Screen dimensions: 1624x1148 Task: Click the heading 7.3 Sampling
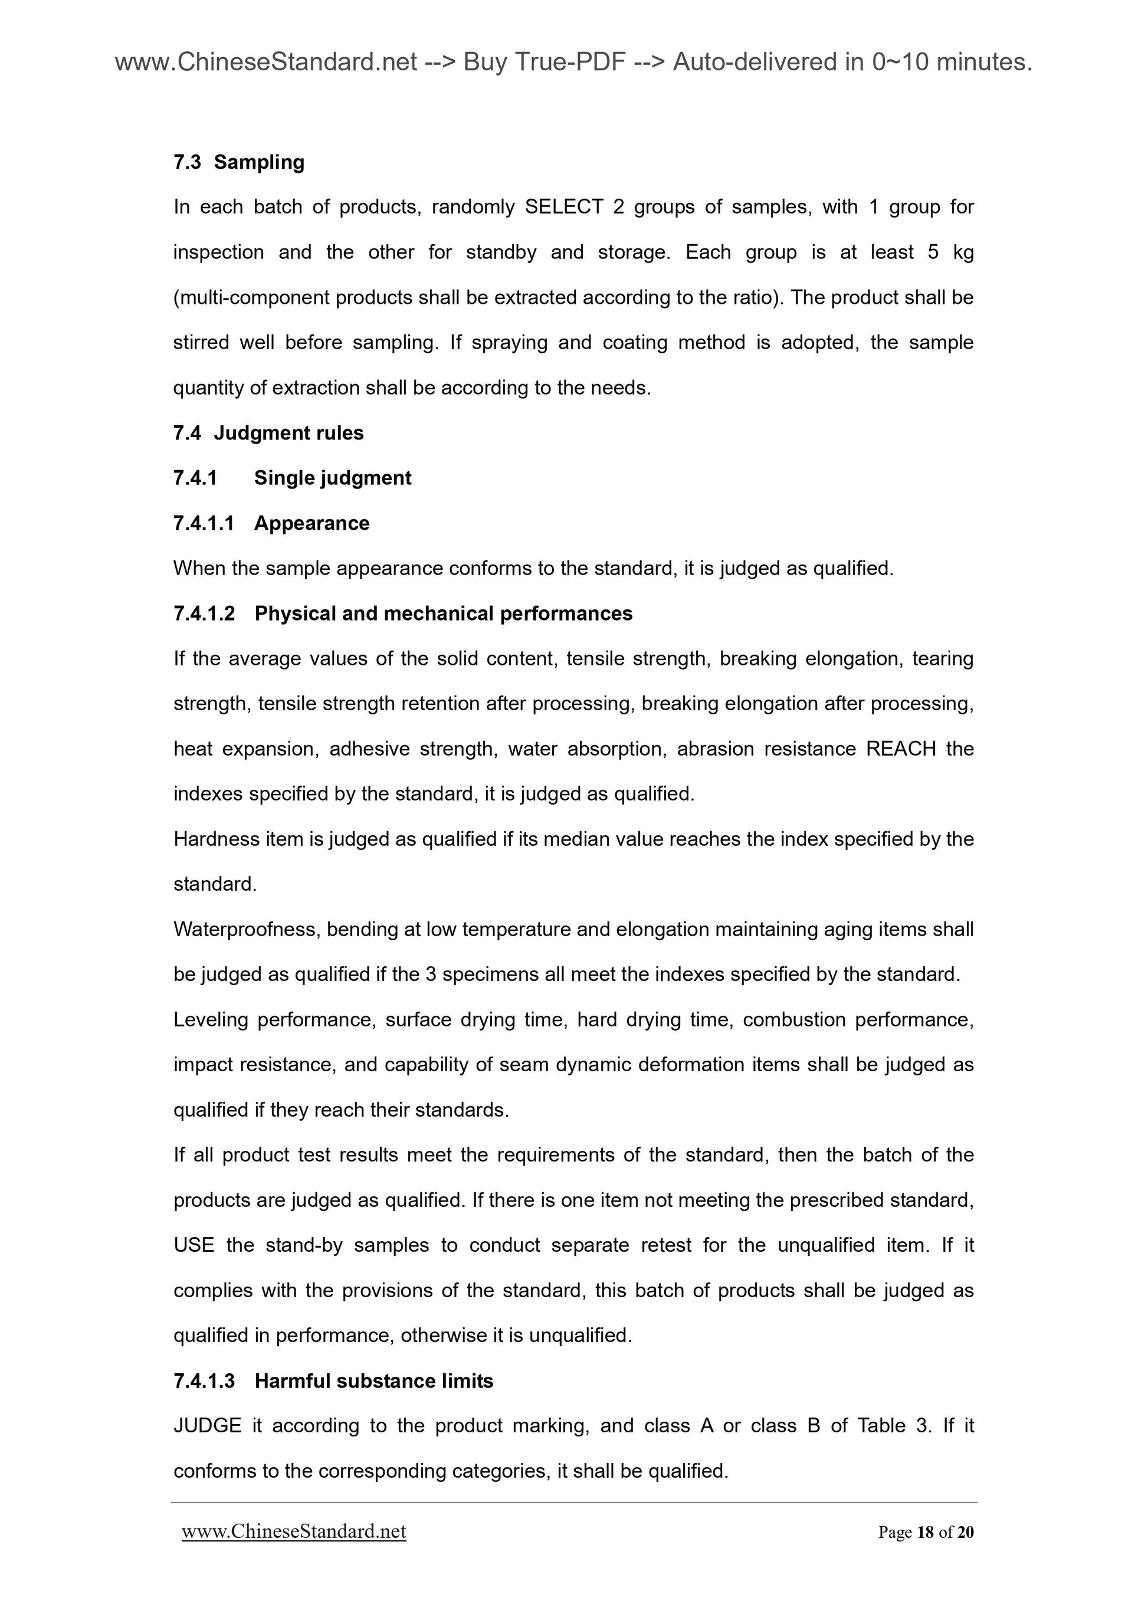pos(238,162)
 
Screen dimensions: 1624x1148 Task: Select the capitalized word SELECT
pos(564,207)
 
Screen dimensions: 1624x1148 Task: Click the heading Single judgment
pos(333,478)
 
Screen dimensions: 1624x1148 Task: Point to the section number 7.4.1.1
pos(204,523)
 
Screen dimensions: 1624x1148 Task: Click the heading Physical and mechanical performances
pos(444,613)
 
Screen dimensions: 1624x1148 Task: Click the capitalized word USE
pos(194,1246)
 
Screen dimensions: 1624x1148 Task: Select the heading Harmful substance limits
pos(373,1381)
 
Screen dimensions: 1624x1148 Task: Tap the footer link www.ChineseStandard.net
pos(294,1531)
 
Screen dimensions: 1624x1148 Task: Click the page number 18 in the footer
pos(924,1532)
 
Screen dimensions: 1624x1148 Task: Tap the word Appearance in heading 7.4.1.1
pos(311,523)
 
